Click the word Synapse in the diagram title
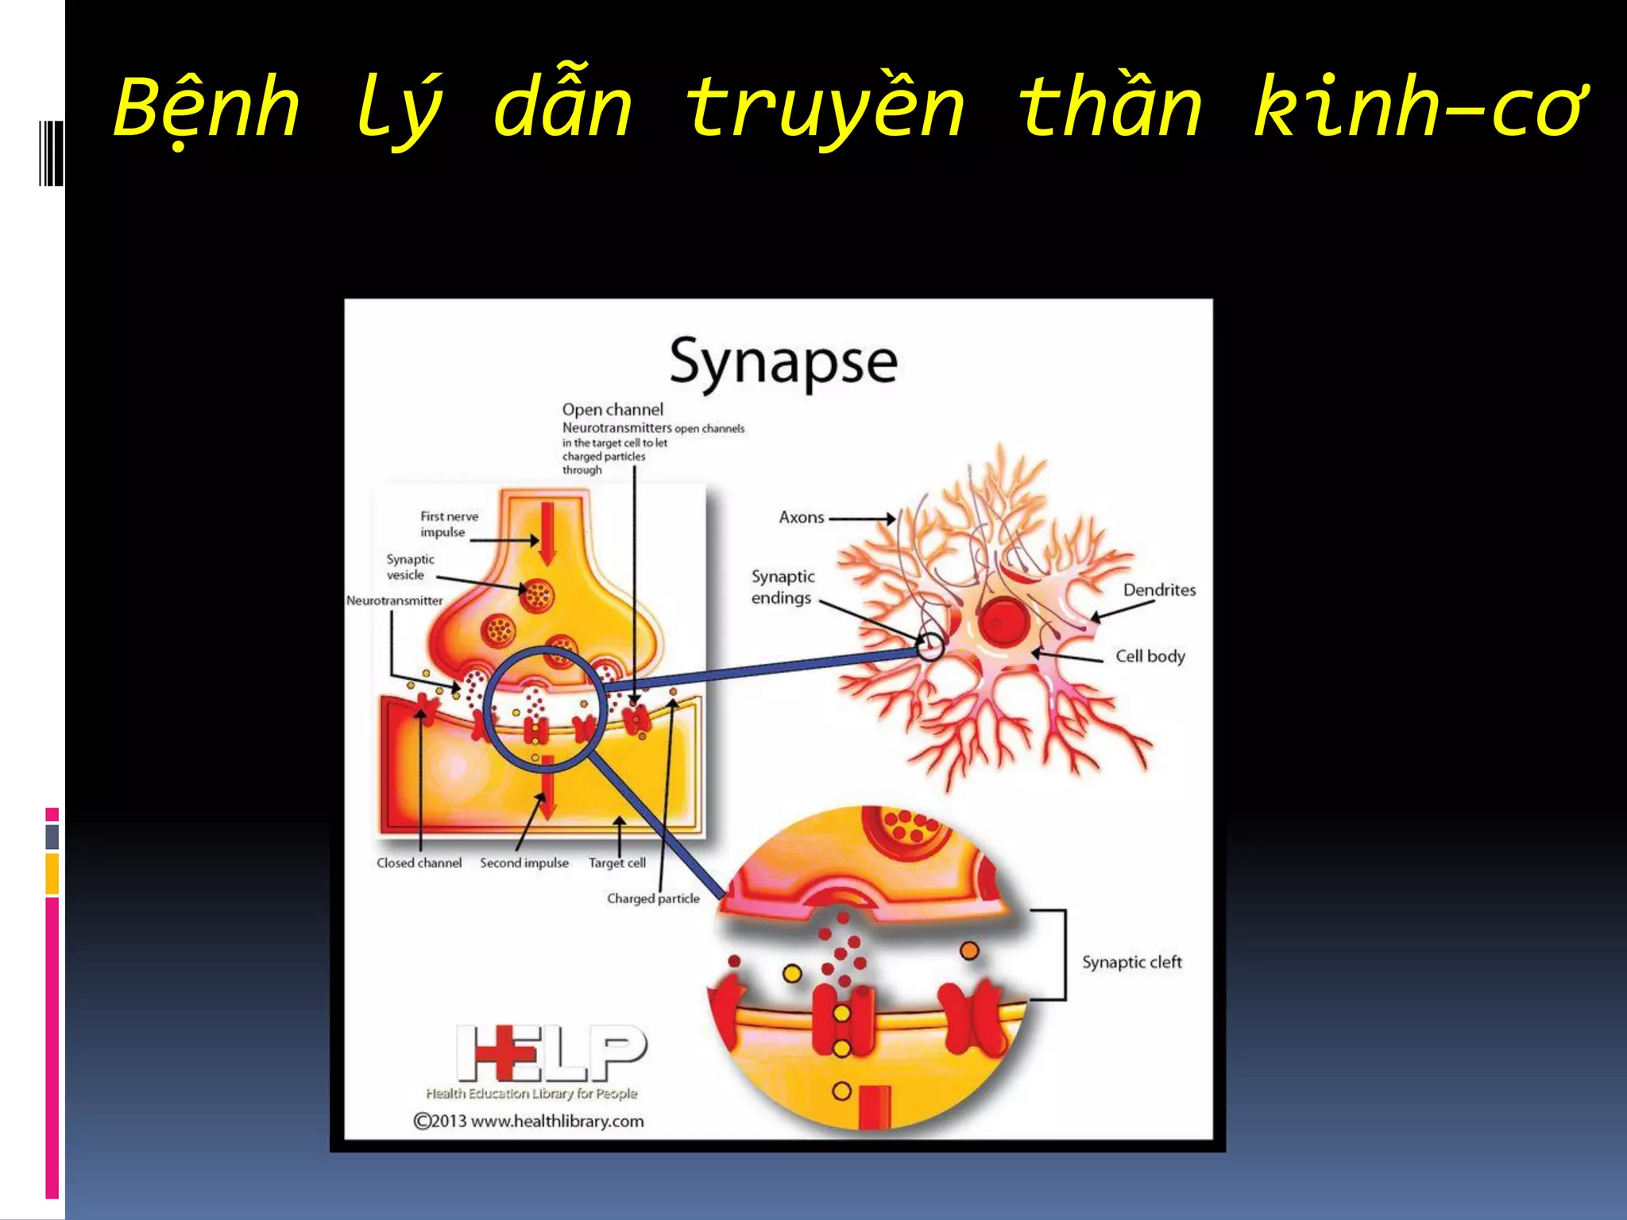tap(783, 362)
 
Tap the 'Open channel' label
tap(613, 410)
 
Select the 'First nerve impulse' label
tap(449, 524)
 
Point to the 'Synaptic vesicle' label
tap(410, 567)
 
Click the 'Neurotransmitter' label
tap(395, 600)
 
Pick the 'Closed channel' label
tap(419, 863)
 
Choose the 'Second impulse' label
tap(524, 863)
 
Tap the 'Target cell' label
tap(617, 863)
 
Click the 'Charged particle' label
tap(653, 898)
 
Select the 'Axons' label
tap(802, 517)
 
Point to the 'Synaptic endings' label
tap(783, 587)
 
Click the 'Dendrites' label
tap(1159, 589)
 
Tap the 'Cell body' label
tap(1150, 656)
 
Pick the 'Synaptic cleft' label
tap(1132, 962)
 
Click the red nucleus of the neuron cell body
tap(1003, 621)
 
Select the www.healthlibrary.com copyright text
tap(529, 1121)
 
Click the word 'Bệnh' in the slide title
tap(207, 107)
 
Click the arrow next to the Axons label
tap(863, 519)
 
